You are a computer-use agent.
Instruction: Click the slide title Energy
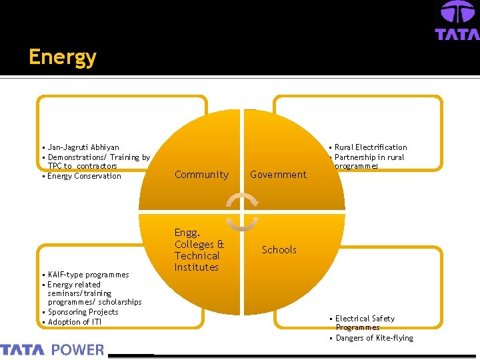[63, 57]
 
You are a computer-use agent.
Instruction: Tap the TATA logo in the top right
[457, 21]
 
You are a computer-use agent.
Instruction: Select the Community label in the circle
[201, 175]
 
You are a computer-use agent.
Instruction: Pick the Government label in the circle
[278, 175]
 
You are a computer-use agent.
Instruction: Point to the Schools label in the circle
[279, 250]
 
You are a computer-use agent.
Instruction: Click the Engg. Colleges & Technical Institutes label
[199, 250]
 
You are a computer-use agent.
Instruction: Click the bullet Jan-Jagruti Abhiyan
[83, 147]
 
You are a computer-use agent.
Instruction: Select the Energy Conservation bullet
[84, 176]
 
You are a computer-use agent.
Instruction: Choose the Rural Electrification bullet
[371, 147]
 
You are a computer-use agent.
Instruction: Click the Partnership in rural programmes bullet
[369, 161]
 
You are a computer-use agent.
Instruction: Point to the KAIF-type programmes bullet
[88, 275]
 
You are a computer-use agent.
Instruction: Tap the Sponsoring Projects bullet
[83, 312]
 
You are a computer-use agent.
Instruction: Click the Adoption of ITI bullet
[75, 322]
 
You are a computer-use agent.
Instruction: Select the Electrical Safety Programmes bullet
[365, 323]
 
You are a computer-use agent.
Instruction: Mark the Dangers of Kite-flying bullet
[374, 338]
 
